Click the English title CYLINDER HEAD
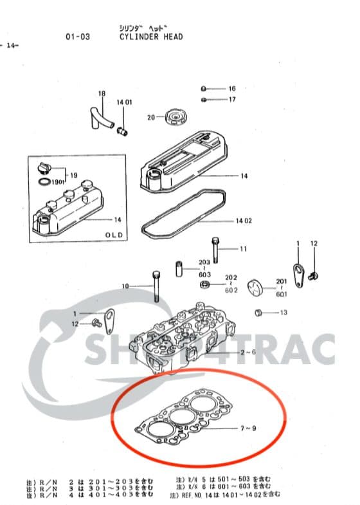pyautogui.click(x=150, y=37)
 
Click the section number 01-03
pyautogui.click(x=78, y=37)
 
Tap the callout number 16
pyautogui.click(x=232, y=88)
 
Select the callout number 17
pyautogui.click(x=232, y=99)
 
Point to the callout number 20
pyautogui.click(x=151, y=118)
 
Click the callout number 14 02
pyautogui.click(x=243, y=221)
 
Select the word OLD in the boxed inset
pyautogui.click(x=114, y=235)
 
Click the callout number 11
pyautogui.click(x=243, y=248)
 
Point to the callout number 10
pyautogui.click(x=125, y=286)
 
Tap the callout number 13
pyautogui.click(x=283, y=313)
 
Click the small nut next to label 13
pyautogui.click(x=258, y=313)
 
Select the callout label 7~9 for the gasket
pyautogui.click(x=249, y=428)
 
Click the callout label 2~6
pyautogui.click(x=248, y=353)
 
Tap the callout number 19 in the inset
pyautogui.click(x=73, y=175)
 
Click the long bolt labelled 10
pyautogui.click(x=156, y=286)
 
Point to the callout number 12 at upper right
pyautogui.click(x=314, y=244)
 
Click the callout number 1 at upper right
pyautogui.click(x=298, y=244)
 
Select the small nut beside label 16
pyautogui.click(x=203, y=88)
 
